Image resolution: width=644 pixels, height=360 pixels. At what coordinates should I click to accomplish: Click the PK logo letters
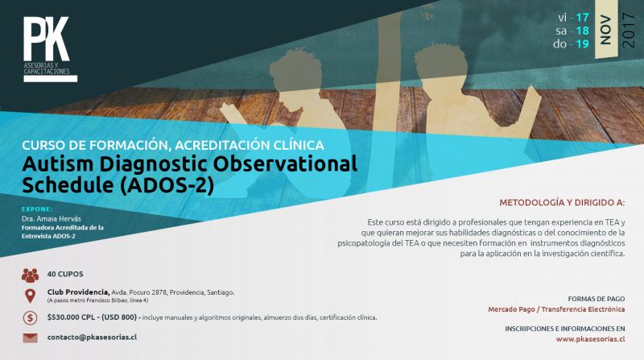click(46, 39)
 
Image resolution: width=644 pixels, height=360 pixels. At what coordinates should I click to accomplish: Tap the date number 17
click(582, 18)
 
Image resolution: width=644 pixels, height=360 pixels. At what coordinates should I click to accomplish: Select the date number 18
click(582, 31)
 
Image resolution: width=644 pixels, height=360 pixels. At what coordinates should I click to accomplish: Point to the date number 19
click(582, 44)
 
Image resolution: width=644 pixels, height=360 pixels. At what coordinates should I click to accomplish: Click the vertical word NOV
click(606, 30)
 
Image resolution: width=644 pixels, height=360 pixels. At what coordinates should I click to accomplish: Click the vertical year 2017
click(629, 30)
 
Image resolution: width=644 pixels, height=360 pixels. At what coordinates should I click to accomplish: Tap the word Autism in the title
click(58, 164)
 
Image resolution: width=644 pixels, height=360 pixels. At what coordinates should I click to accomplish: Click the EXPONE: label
click(37, 209)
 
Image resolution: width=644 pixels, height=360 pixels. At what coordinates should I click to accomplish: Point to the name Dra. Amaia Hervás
click(52, 218)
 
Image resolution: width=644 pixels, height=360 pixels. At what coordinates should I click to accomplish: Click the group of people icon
click(30, 275)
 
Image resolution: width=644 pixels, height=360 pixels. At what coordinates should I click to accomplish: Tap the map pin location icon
click(30, 296)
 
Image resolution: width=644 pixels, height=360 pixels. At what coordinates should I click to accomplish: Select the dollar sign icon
click(30, 317)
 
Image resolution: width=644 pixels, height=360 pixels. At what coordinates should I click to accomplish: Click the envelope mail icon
click(30, 337)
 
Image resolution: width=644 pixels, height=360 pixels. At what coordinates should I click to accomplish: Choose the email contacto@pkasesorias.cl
click(92, 337)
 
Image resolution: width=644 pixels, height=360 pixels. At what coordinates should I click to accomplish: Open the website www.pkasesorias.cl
click(591, 339)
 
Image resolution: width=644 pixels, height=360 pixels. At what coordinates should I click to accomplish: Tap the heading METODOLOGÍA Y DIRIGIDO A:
click(562, 203)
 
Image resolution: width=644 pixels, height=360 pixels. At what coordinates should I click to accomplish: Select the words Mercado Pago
click(511, 309)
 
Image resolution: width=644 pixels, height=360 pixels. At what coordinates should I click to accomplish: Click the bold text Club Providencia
click(78, 292)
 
